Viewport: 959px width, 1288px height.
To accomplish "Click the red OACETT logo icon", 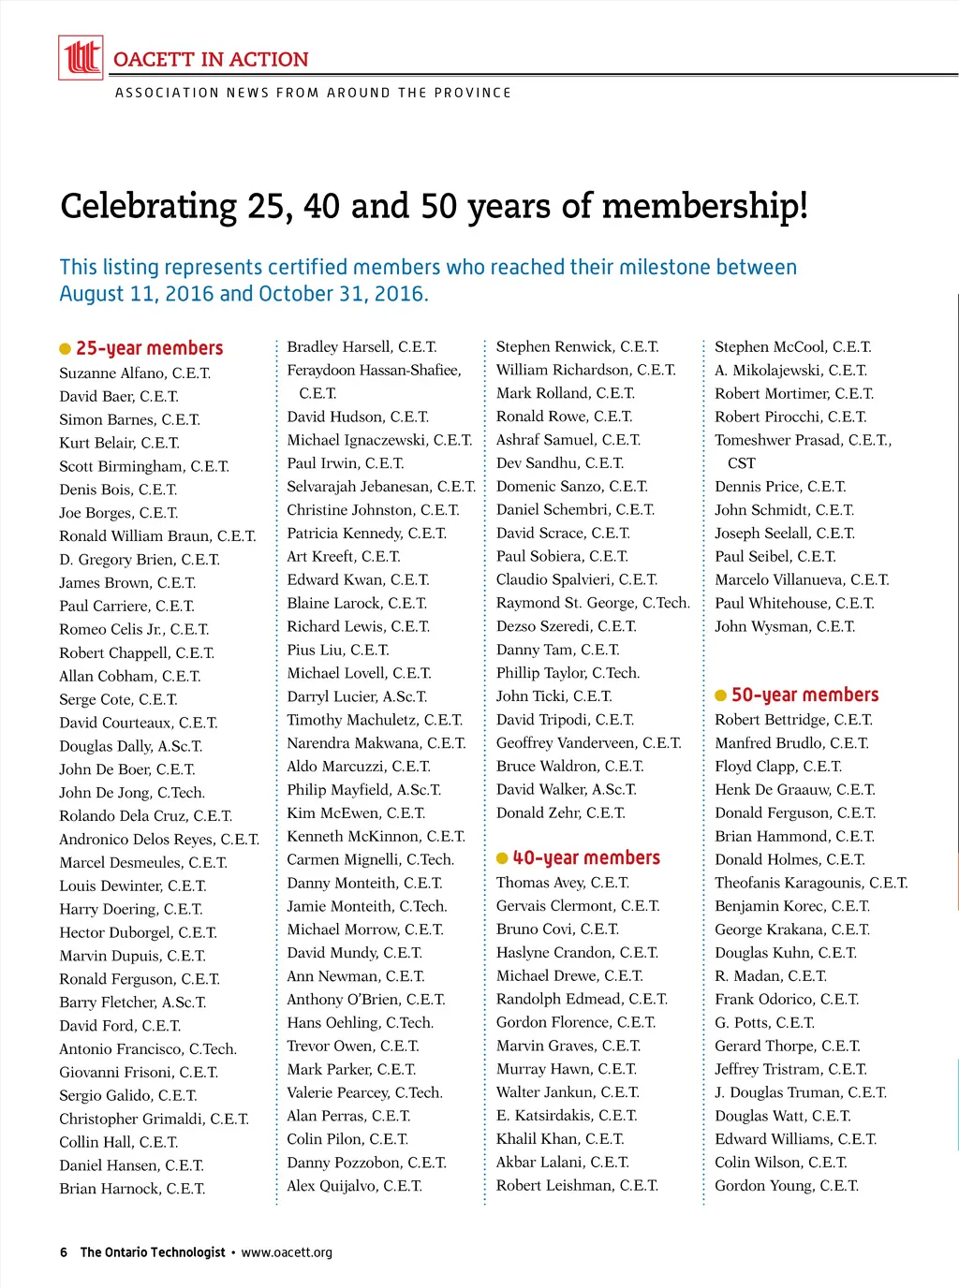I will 81,57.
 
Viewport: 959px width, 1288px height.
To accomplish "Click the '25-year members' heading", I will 149,348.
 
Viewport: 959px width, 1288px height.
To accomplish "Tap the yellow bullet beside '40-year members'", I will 502,858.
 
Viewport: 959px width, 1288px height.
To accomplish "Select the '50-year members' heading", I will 804,695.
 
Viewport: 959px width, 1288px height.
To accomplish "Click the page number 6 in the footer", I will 64,1252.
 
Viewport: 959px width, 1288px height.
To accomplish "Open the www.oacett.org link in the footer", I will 287,1252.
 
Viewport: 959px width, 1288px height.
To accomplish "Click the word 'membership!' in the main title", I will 705,206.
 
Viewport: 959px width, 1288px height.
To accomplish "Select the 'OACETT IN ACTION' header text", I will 211,59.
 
